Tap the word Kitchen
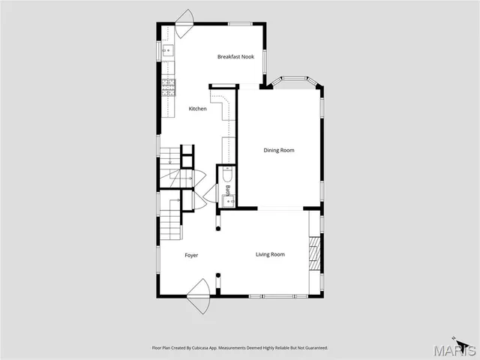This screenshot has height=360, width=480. tap(197, 109)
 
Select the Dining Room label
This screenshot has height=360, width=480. tap(278, 150)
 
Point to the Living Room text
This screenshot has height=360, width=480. tap(270, 255)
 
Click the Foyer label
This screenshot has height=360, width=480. tap(192, 256)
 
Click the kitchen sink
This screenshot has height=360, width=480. tap(168, 51)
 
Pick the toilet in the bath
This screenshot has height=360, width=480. tap(229, 175)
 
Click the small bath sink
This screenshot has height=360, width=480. tap(232, 199)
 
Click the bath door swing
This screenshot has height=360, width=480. tap(210, 196)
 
